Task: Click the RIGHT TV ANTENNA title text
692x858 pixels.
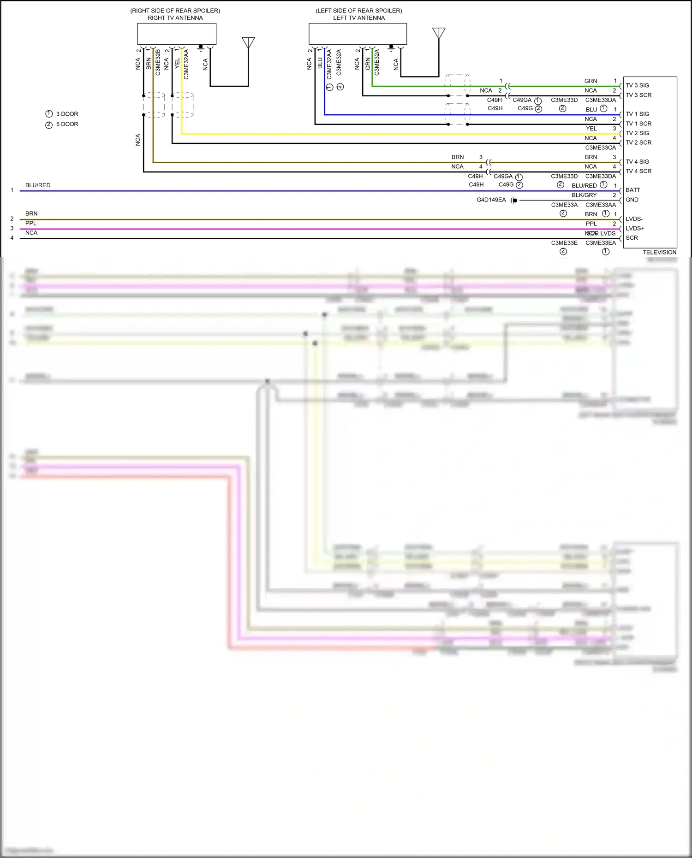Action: tap(175, 18)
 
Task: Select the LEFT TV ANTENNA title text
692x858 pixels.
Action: tap(358, 18)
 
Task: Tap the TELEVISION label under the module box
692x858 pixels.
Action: tap(659, 252)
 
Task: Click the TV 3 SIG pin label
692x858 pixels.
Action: tap(637, 85)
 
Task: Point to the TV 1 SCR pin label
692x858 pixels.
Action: tap(638, 124)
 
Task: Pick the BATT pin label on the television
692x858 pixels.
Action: tap(632, 190)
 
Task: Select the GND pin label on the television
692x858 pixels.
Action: tap(632, 200)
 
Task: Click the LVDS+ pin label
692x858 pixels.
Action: tap(635, 228)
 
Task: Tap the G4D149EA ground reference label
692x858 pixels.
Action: tap(491, 200)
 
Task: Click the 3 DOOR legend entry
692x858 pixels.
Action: tap(66, 114)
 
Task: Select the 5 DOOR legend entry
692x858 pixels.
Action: tap(66, 124)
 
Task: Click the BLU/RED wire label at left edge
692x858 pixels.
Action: tap(38, 185)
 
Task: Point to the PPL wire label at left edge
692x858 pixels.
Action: tap(31, 223)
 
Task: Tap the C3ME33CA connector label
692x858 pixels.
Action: tap(600, 148)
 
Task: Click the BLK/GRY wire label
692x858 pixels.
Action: tap(584, 195)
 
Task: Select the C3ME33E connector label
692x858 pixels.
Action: tap(564, 243)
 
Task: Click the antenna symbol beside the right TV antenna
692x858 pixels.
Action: tap(248, 43)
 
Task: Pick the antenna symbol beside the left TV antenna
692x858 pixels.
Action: tap(439, 33)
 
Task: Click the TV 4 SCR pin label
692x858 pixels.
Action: tap(638, 171)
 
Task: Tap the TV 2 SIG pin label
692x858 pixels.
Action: tap(637, 133)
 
